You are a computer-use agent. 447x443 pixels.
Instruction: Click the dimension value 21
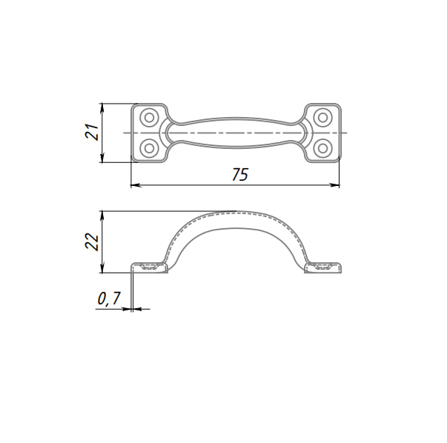coord(92,132)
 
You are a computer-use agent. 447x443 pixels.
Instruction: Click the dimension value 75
coord(240,175)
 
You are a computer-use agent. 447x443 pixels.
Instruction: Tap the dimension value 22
coord(92,242)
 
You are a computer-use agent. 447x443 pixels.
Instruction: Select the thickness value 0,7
coord(109,299)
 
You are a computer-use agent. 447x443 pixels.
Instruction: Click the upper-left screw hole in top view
coord(149,117)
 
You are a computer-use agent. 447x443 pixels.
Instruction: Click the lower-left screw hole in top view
coord(149,148)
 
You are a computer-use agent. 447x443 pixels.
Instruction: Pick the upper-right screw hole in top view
coord(322,117)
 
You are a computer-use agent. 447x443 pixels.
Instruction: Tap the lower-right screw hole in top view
coord(322,148)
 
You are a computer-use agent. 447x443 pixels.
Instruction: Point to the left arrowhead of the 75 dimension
coord(135,185)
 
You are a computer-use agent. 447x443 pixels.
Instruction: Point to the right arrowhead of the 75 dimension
coord(335,185)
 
